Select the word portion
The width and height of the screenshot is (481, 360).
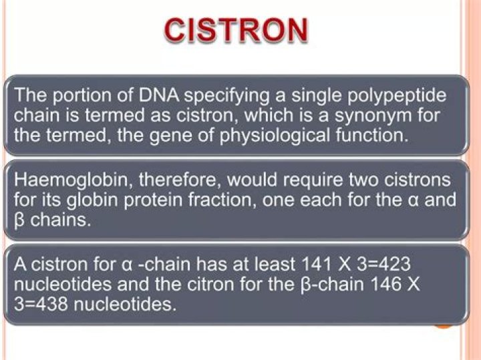79,95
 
